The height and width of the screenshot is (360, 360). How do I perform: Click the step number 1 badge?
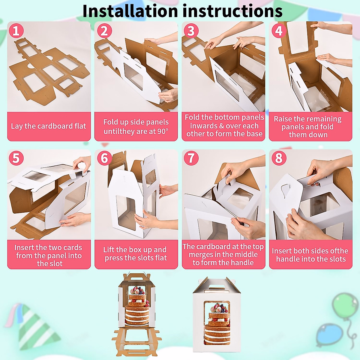coord(16,31)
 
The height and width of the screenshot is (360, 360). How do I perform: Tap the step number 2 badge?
coord(104,31)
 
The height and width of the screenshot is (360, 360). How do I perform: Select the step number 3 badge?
coord(191,31)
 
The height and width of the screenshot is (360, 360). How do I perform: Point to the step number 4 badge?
coord(279,31)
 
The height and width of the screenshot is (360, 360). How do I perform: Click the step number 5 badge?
coord(16,158)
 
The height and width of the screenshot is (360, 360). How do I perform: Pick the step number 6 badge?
coord(104,158)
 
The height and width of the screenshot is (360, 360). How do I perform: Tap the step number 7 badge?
coord(191,158)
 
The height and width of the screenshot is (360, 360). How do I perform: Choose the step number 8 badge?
coord(279,158)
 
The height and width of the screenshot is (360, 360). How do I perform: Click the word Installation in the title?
coord(130,11)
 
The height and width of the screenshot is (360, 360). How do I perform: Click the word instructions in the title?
coord(232,11)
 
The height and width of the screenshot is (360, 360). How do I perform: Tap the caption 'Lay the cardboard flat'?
coord(49,126)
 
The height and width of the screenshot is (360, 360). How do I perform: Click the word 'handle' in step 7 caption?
coord(243,263)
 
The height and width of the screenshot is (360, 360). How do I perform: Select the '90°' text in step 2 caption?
coord(163,131)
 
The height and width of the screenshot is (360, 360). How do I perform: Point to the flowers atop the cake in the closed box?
coord(217,308)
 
